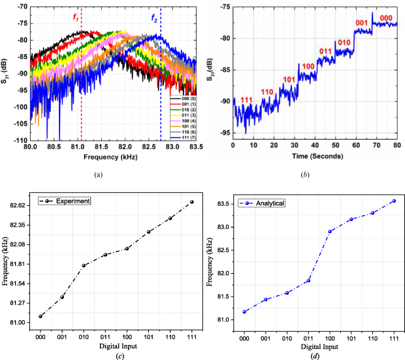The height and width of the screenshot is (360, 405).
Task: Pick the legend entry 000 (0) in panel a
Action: [x=178, y=98]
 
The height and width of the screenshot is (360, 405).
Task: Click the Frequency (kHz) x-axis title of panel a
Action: [x=112, y=157]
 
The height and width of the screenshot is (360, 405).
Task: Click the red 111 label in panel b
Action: [x=246, y=99]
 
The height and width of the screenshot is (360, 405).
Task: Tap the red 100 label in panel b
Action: [x=308, y=66]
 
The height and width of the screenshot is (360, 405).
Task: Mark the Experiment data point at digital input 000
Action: [x=40, y=316]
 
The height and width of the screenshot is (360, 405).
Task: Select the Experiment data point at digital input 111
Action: [x=192, y=202]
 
